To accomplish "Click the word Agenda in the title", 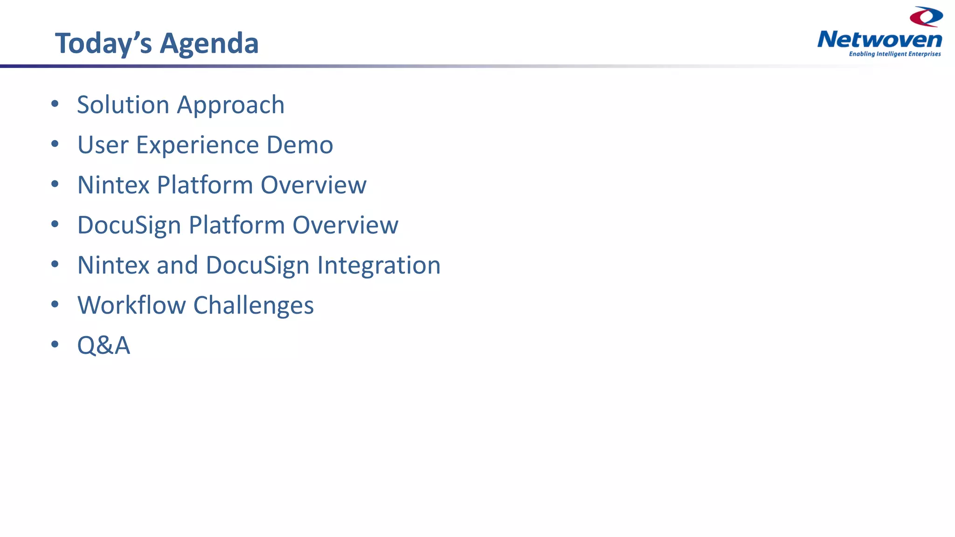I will [x=209, y=44].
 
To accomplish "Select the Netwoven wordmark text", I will [x=879, y=40].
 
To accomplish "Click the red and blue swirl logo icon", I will [x=926, y=16].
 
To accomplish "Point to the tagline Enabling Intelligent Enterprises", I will [x=894, y=54].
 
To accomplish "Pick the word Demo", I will [x=299, y=145].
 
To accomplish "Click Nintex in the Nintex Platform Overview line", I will [x=113, y=185].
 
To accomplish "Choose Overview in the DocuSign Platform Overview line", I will [x=345, y=225].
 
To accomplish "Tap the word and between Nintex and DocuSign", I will [x=177, y=265].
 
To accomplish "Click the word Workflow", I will [x=131, y=305].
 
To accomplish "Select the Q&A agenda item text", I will [x=104, y=346].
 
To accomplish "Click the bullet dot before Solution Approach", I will [x=55, y=104].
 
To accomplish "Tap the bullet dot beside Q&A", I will [x=55, y=344].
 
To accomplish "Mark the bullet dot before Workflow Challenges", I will [x=55, y=304].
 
